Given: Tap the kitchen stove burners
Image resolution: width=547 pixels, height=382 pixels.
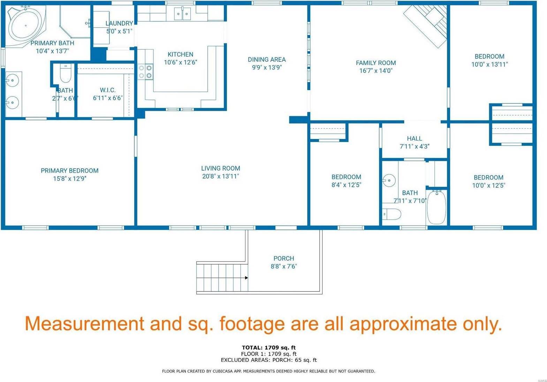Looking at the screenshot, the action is (x=145, y=72).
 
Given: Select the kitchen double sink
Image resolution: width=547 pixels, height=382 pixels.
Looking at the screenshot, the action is (x=182, y=14).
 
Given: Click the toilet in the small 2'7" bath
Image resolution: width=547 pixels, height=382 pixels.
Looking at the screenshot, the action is (x=65, y=73).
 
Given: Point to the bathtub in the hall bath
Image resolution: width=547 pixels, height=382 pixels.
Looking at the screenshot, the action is (x=436, y=207).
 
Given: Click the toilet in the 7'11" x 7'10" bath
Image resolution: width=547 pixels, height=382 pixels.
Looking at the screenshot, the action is (x=392, y=214).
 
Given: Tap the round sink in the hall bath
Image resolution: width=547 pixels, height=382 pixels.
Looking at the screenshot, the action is (x=389, y=180).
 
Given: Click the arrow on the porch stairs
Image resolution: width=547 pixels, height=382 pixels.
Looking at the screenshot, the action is (x=246, y=278).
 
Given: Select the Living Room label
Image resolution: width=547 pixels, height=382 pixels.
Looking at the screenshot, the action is (x=221, y=168).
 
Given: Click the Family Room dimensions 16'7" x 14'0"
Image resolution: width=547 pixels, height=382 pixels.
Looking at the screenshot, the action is (x=376, y=71).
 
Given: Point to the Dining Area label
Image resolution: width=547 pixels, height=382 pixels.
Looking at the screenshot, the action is (x=267, y=60).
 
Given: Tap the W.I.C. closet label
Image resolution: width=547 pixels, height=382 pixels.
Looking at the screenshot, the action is (x=108, y=90).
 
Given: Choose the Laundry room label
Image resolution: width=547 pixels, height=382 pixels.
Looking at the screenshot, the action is (x=119, y=23).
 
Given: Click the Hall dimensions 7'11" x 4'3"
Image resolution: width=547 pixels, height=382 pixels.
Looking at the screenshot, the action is (x=415, y=146).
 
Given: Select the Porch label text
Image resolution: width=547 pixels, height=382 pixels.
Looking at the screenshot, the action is (x=284, y=258).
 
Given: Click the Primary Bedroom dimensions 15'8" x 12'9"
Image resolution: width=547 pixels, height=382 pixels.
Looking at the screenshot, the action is (x=70, y=179).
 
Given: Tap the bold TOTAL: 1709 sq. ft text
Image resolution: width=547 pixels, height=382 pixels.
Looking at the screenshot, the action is (x=268, y=348).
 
